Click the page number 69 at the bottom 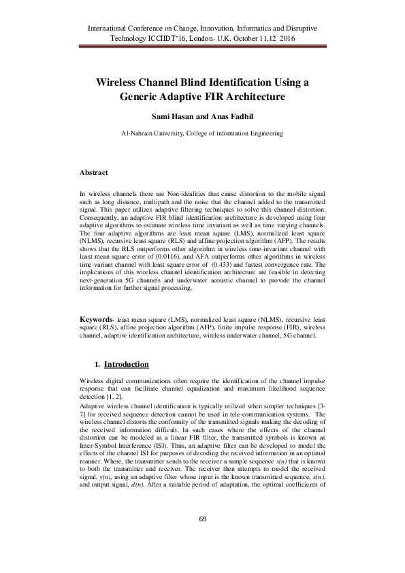coord(202,539)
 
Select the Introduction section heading coord(126,365)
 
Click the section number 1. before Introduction coord(98,365)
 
